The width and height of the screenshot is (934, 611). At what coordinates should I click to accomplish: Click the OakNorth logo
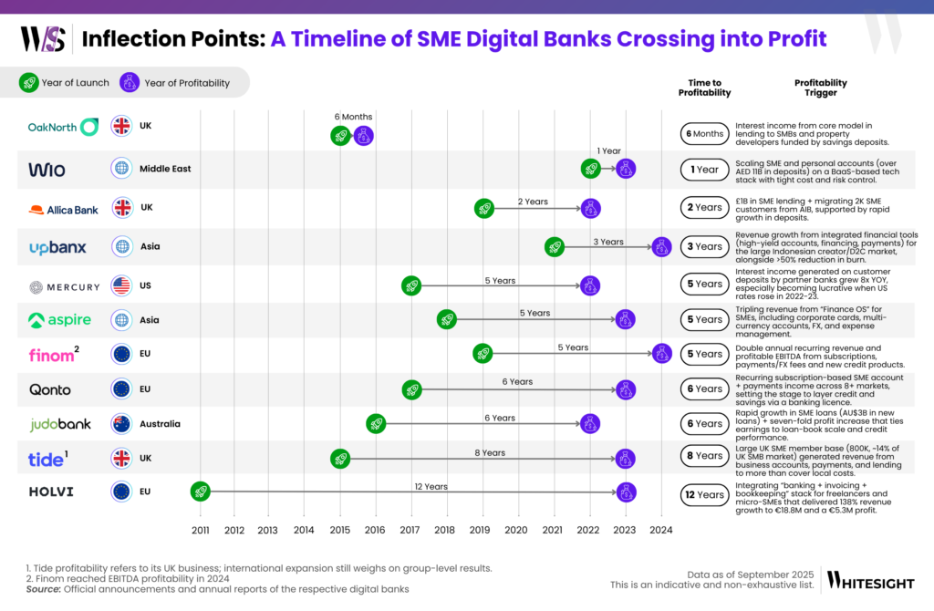pyautogui.click(x=63, y=127)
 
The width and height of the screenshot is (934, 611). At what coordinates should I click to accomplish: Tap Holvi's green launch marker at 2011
pyautogui.click(x=201, y=492)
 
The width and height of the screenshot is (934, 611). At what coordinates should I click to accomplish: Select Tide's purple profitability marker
pyautogui.click(x=625, y=459)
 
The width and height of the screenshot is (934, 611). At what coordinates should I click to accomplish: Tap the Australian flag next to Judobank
pyautogui.click(x=121, y=424)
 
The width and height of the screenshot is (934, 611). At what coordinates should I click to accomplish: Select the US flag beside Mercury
pyautogui.click(x=121, y=286)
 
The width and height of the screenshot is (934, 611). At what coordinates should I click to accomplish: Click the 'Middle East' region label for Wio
pyautogui.click(x=164, y=169)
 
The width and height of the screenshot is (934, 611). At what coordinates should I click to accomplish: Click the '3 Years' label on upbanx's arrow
pyautogui.click(x=608, y=242)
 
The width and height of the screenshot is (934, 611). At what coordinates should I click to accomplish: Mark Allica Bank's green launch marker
pyautogui.click(x=484, y=208)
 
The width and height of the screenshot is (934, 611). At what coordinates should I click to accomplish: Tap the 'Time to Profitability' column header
pyautogui.click(x=704, y=88)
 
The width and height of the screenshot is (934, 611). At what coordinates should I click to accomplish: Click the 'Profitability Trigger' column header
pyautogui.click(x=820, y=88)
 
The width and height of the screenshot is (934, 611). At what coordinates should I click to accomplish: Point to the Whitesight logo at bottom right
pyautogui.click(x=871, y=579)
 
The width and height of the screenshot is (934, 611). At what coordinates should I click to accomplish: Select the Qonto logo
pyautogui.click(x=50, y=389)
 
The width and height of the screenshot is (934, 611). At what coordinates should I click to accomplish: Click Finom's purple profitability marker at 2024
pyautogui.click(x=661, y=354)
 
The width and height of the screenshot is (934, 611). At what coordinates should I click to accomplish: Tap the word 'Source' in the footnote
pyautogui.click(x=43, y=589)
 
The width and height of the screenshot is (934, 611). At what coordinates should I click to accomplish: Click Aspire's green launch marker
pyautogui.click(x=446, y=319)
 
